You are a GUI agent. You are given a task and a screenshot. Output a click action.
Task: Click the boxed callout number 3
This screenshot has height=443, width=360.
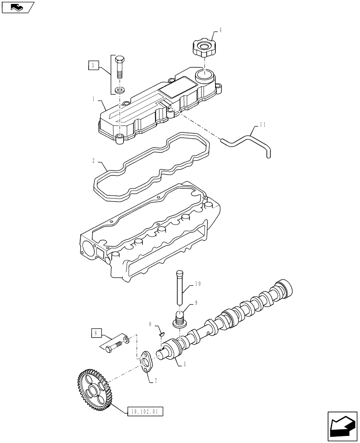coord(92,66)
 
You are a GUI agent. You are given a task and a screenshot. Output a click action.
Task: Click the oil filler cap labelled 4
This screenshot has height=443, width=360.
coord(203,47)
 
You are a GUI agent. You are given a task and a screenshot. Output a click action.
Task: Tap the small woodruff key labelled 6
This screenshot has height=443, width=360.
coord(162,334)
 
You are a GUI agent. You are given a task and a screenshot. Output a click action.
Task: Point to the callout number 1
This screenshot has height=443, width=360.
coord(94,100)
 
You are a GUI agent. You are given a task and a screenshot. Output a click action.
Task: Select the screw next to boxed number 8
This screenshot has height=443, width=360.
coord(116,345)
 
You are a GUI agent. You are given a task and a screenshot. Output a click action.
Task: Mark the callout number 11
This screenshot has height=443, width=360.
coord(262,125)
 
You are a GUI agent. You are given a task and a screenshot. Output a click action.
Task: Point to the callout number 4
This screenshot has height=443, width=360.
coord(220,31)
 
